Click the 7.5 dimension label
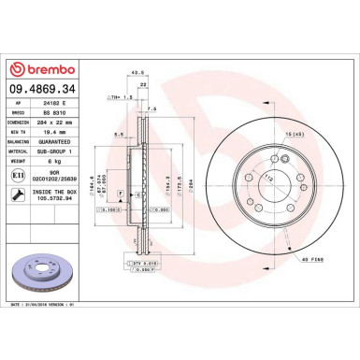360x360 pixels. pyautogui.click(x=151, y=108)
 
